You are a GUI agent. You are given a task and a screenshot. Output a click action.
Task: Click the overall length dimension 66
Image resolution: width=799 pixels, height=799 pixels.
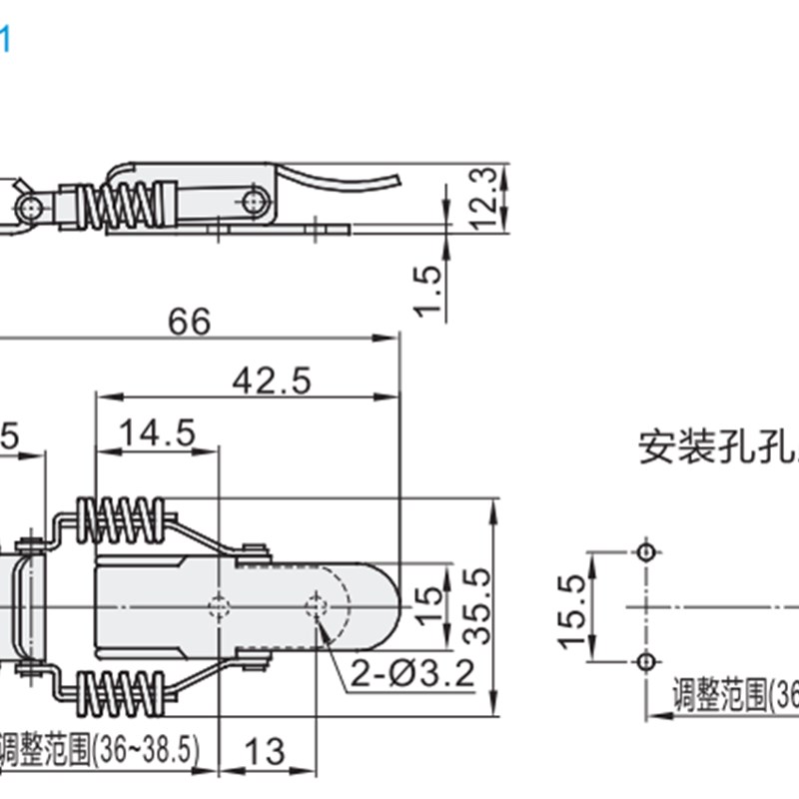point(190,322)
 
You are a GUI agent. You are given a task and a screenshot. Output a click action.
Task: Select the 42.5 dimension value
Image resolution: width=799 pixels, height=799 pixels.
point(272,381)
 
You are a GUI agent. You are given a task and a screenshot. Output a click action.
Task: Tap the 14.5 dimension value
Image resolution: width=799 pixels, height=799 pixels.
point(157,433)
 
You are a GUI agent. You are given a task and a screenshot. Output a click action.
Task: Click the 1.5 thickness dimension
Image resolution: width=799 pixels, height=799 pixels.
point(427,291)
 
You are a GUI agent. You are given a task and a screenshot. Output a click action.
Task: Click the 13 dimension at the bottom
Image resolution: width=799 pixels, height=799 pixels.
point(266,751)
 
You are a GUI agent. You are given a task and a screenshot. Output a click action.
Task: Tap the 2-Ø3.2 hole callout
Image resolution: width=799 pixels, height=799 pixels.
point(410,675)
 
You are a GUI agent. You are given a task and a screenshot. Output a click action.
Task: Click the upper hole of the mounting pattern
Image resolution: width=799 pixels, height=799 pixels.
point(646,552)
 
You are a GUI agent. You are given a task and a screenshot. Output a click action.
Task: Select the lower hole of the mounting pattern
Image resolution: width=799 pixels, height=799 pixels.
point(646,661)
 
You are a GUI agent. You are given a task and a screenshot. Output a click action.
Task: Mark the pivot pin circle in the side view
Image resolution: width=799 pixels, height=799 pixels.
point(252,202)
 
